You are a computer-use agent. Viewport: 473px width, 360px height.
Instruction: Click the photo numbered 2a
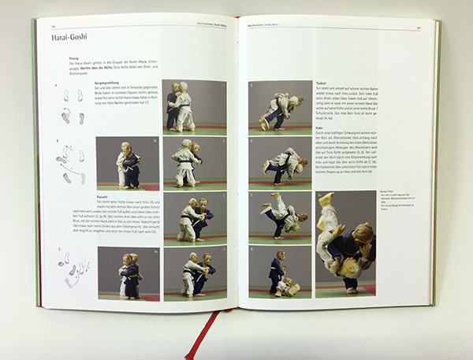pos(127,163)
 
